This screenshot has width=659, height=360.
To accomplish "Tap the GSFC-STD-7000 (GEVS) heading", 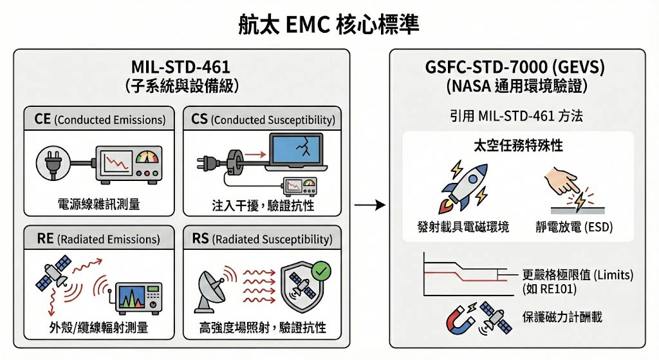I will pos(518,67).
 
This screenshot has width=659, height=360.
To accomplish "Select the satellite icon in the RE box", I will pos(55,274).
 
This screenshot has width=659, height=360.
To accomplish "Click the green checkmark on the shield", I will pos(320,272).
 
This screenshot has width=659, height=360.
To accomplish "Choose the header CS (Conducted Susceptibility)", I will pos(263,119).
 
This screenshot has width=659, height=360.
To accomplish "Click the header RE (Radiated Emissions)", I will pos(98,239).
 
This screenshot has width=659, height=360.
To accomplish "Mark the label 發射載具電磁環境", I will pos(463,227).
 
